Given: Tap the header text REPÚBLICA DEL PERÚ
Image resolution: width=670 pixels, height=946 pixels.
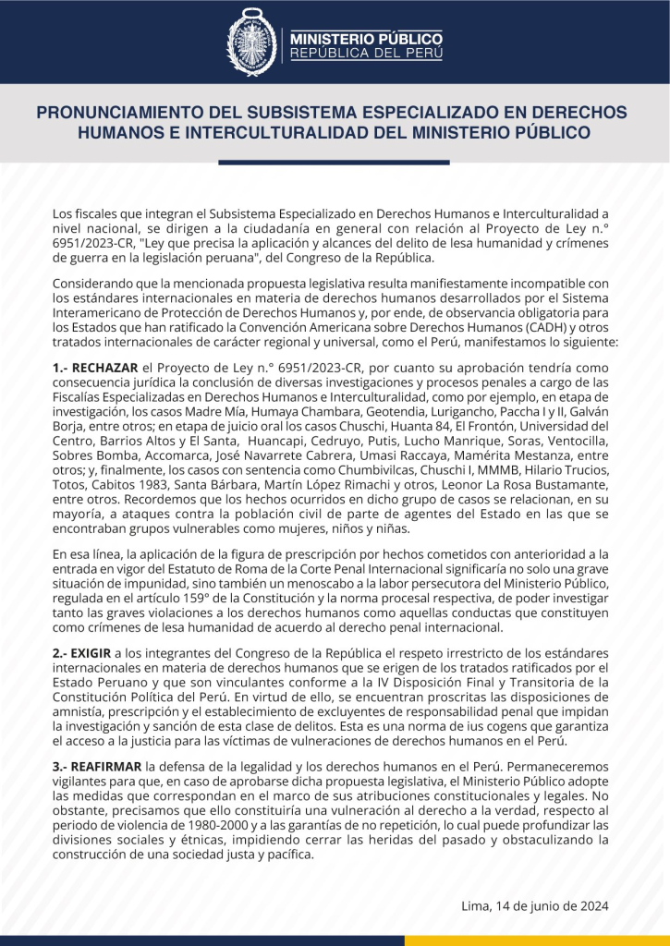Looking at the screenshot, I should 367,54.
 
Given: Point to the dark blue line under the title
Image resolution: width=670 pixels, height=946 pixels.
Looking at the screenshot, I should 334,163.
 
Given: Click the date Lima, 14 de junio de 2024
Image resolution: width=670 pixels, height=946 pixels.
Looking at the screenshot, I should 535,905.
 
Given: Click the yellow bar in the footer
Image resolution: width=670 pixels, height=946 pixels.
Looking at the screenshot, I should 537,940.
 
